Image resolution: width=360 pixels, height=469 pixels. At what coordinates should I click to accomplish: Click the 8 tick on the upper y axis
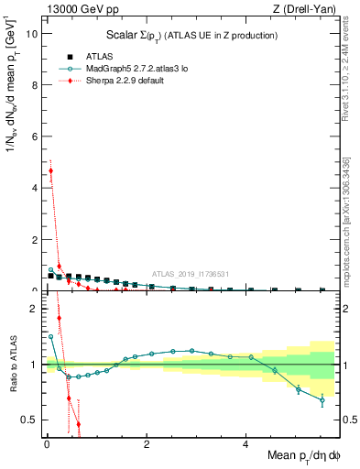35,84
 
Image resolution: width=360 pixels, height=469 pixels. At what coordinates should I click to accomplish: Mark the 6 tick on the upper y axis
35,136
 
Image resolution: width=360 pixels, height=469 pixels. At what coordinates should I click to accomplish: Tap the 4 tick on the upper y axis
35,188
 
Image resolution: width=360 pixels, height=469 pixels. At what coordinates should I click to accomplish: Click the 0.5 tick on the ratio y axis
30,420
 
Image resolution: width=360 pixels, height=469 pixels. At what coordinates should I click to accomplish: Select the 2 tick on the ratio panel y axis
35,309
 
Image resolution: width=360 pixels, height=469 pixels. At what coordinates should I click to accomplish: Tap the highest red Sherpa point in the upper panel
50,170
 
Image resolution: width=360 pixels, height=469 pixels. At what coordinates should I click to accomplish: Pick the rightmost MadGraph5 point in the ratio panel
322,399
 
